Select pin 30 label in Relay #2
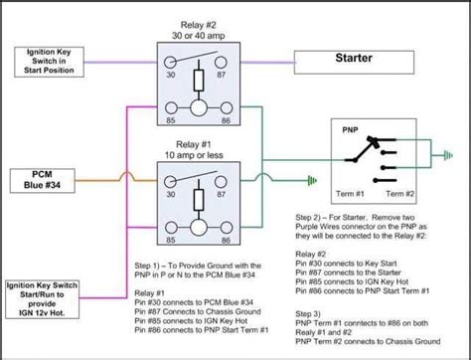170,74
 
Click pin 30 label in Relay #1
170,195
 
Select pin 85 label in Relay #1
170,239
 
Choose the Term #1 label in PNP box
350,191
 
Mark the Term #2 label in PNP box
401,191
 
